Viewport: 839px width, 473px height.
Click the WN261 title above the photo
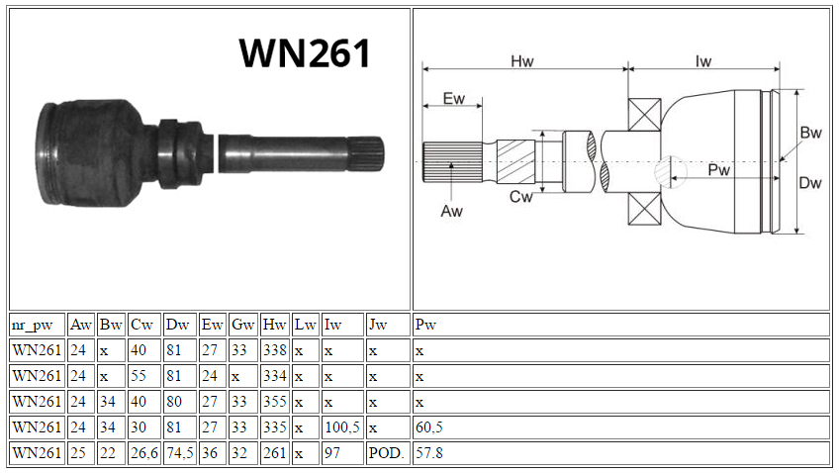click(305, 53)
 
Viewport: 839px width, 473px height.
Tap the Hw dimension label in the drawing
click(521, 61)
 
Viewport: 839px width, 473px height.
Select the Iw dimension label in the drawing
click(703, 61)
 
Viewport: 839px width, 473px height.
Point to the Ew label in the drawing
click(454, 98)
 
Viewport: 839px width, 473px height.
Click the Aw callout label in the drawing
click(451, 212)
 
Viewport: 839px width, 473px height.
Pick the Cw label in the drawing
click(520, 197)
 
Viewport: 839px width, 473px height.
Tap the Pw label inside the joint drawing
click(718, 170)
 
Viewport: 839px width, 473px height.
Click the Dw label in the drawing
click(809, 183)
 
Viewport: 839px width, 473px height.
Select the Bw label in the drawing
click(810, 133)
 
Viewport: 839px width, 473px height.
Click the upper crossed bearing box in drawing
click(644, 115)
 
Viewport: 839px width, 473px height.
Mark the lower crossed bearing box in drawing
click(644, 208)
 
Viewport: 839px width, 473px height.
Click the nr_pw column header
click(32, 325)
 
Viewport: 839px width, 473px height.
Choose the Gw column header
click(242, 325)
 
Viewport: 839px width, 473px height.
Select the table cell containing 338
click(274, 350)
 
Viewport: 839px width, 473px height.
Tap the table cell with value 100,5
click(342, 426)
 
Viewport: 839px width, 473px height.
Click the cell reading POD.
click(388, 452)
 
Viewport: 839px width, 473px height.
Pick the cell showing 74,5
click(179, 452)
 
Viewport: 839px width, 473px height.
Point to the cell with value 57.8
click(621, 452)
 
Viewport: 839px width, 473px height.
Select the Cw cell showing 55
click(143, 376)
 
